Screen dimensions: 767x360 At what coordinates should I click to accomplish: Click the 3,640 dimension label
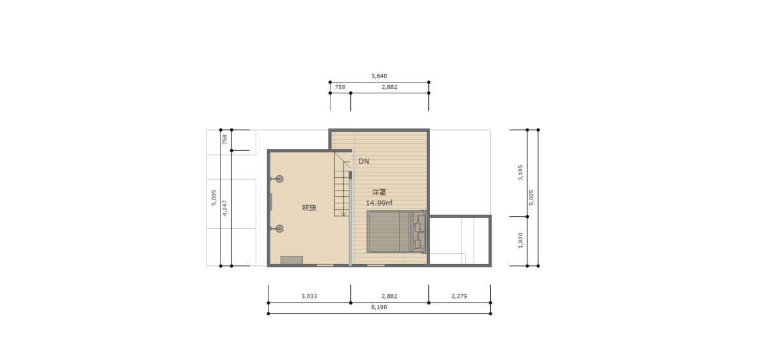click(379, 76)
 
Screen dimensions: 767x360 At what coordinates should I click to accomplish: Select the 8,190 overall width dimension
click(379, 308)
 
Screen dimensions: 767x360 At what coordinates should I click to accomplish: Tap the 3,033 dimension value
click(309, 296)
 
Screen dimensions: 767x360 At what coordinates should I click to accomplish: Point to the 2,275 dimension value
click(459, 296)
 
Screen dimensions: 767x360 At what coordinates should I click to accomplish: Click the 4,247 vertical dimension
click(224, 208)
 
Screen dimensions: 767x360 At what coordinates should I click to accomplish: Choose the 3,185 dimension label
click(520, 173)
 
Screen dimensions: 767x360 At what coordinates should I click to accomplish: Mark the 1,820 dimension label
click(520, 240)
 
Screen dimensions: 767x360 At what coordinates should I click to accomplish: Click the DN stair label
click(364, 161)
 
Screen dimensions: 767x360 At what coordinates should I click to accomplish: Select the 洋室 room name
click(379, 192)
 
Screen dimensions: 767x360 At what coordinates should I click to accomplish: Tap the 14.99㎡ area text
click(379, 203)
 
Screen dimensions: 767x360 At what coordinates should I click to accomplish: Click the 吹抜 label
click(309, 208)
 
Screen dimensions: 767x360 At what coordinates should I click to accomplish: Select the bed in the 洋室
click(396, 231)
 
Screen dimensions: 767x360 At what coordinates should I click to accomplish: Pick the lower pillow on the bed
click(419, 244)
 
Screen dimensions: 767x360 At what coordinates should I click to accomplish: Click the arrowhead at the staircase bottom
click(344, 214)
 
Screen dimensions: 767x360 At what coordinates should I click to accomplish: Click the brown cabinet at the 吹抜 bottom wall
click(291, 260)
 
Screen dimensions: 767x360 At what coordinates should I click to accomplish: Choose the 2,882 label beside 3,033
click(389, 296)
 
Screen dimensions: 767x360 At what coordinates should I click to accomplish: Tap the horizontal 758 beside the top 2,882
click(340, 87)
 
